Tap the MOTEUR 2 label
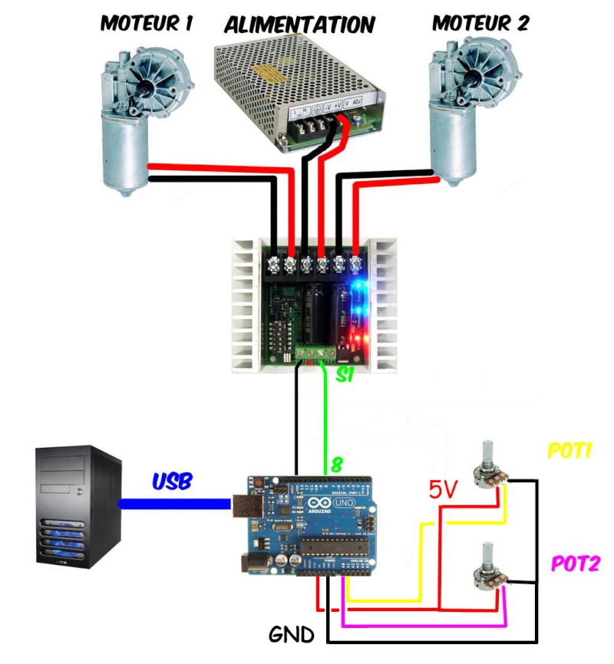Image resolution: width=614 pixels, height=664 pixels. [x=481, y=23]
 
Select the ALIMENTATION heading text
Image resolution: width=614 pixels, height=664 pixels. [x=299, y=25]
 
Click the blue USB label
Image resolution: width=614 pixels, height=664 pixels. [x=172, y=482]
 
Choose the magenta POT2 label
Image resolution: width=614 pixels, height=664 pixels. [x=574, y=564]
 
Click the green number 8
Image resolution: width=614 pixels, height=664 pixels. [x=335, y=465]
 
